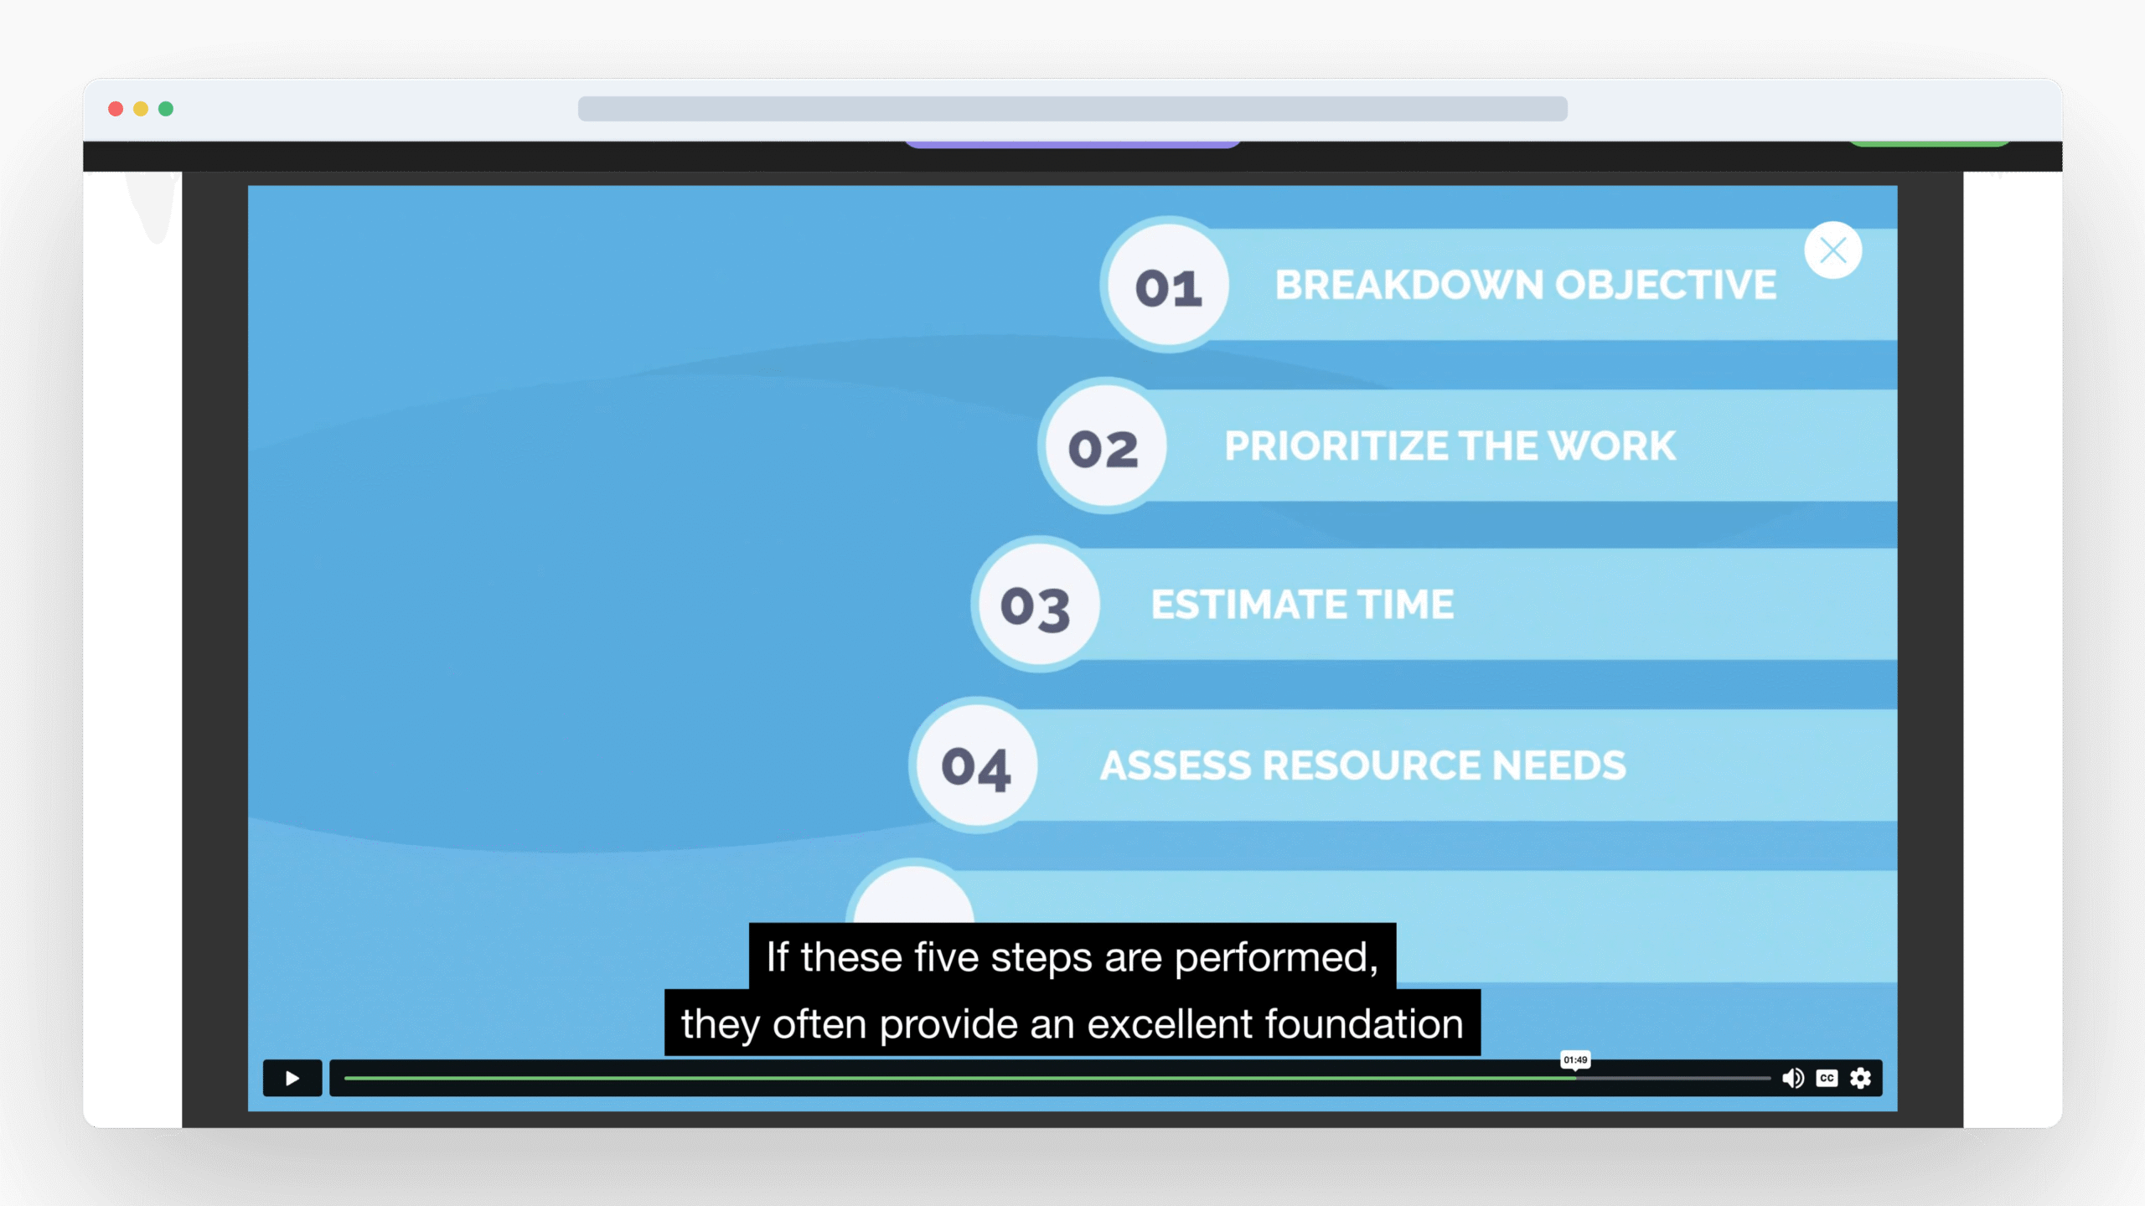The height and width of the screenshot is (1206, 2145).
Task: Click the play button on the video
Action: click(x=292, y=1078)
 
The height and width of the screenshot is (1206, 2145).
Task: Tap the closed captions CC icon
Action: click(x=1827, y=1078)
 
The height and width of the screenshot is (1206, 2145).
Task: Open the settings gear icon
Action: click(x=1860, y=1078)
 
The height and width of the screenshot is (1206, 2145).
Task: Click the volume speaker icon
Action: click(x=1792, y=1078)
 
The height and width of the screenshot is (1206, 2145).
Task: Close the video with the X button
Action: click(x=1833, y=250)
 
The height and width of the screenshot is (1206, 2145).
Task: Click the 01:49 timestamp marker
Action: click(x=1575, y=1060)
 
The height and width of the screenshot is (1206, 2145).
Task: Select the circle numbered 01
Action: click(x=1168, y=285)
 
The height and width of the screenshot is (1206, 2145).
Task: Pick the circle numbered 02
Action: click(x=1104, y=446)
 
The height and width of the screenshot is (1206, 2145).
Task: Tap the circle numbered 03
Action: click(x=1037, y=605)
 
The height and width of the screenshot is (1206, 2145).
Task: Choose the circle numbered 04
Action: click(x=975, y=765)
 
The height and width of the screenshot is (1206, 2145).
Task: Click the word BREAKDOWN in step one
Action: click(x=1409, y=285)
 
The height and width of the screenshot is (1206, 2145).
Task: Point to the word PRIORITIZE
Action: click(x=1336, y=446)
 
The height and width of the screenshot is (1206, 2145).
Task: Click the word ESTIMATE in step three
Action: click(x=1248, y=605)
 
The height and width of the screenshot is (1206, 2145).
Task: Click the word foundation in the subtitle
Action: click(x=1364, y=1023)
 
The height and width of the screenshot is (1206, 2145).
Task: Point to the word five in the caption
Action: click(x=946, y=956)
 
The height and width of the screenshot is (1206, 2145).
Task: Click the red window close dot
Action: click(x=116, y=109)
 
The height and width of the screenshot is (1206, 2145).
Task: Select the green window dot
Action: click(x=166, y=109)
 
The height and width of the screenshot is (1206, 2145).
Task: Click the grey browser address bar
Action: click(x=1072, y=109)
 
